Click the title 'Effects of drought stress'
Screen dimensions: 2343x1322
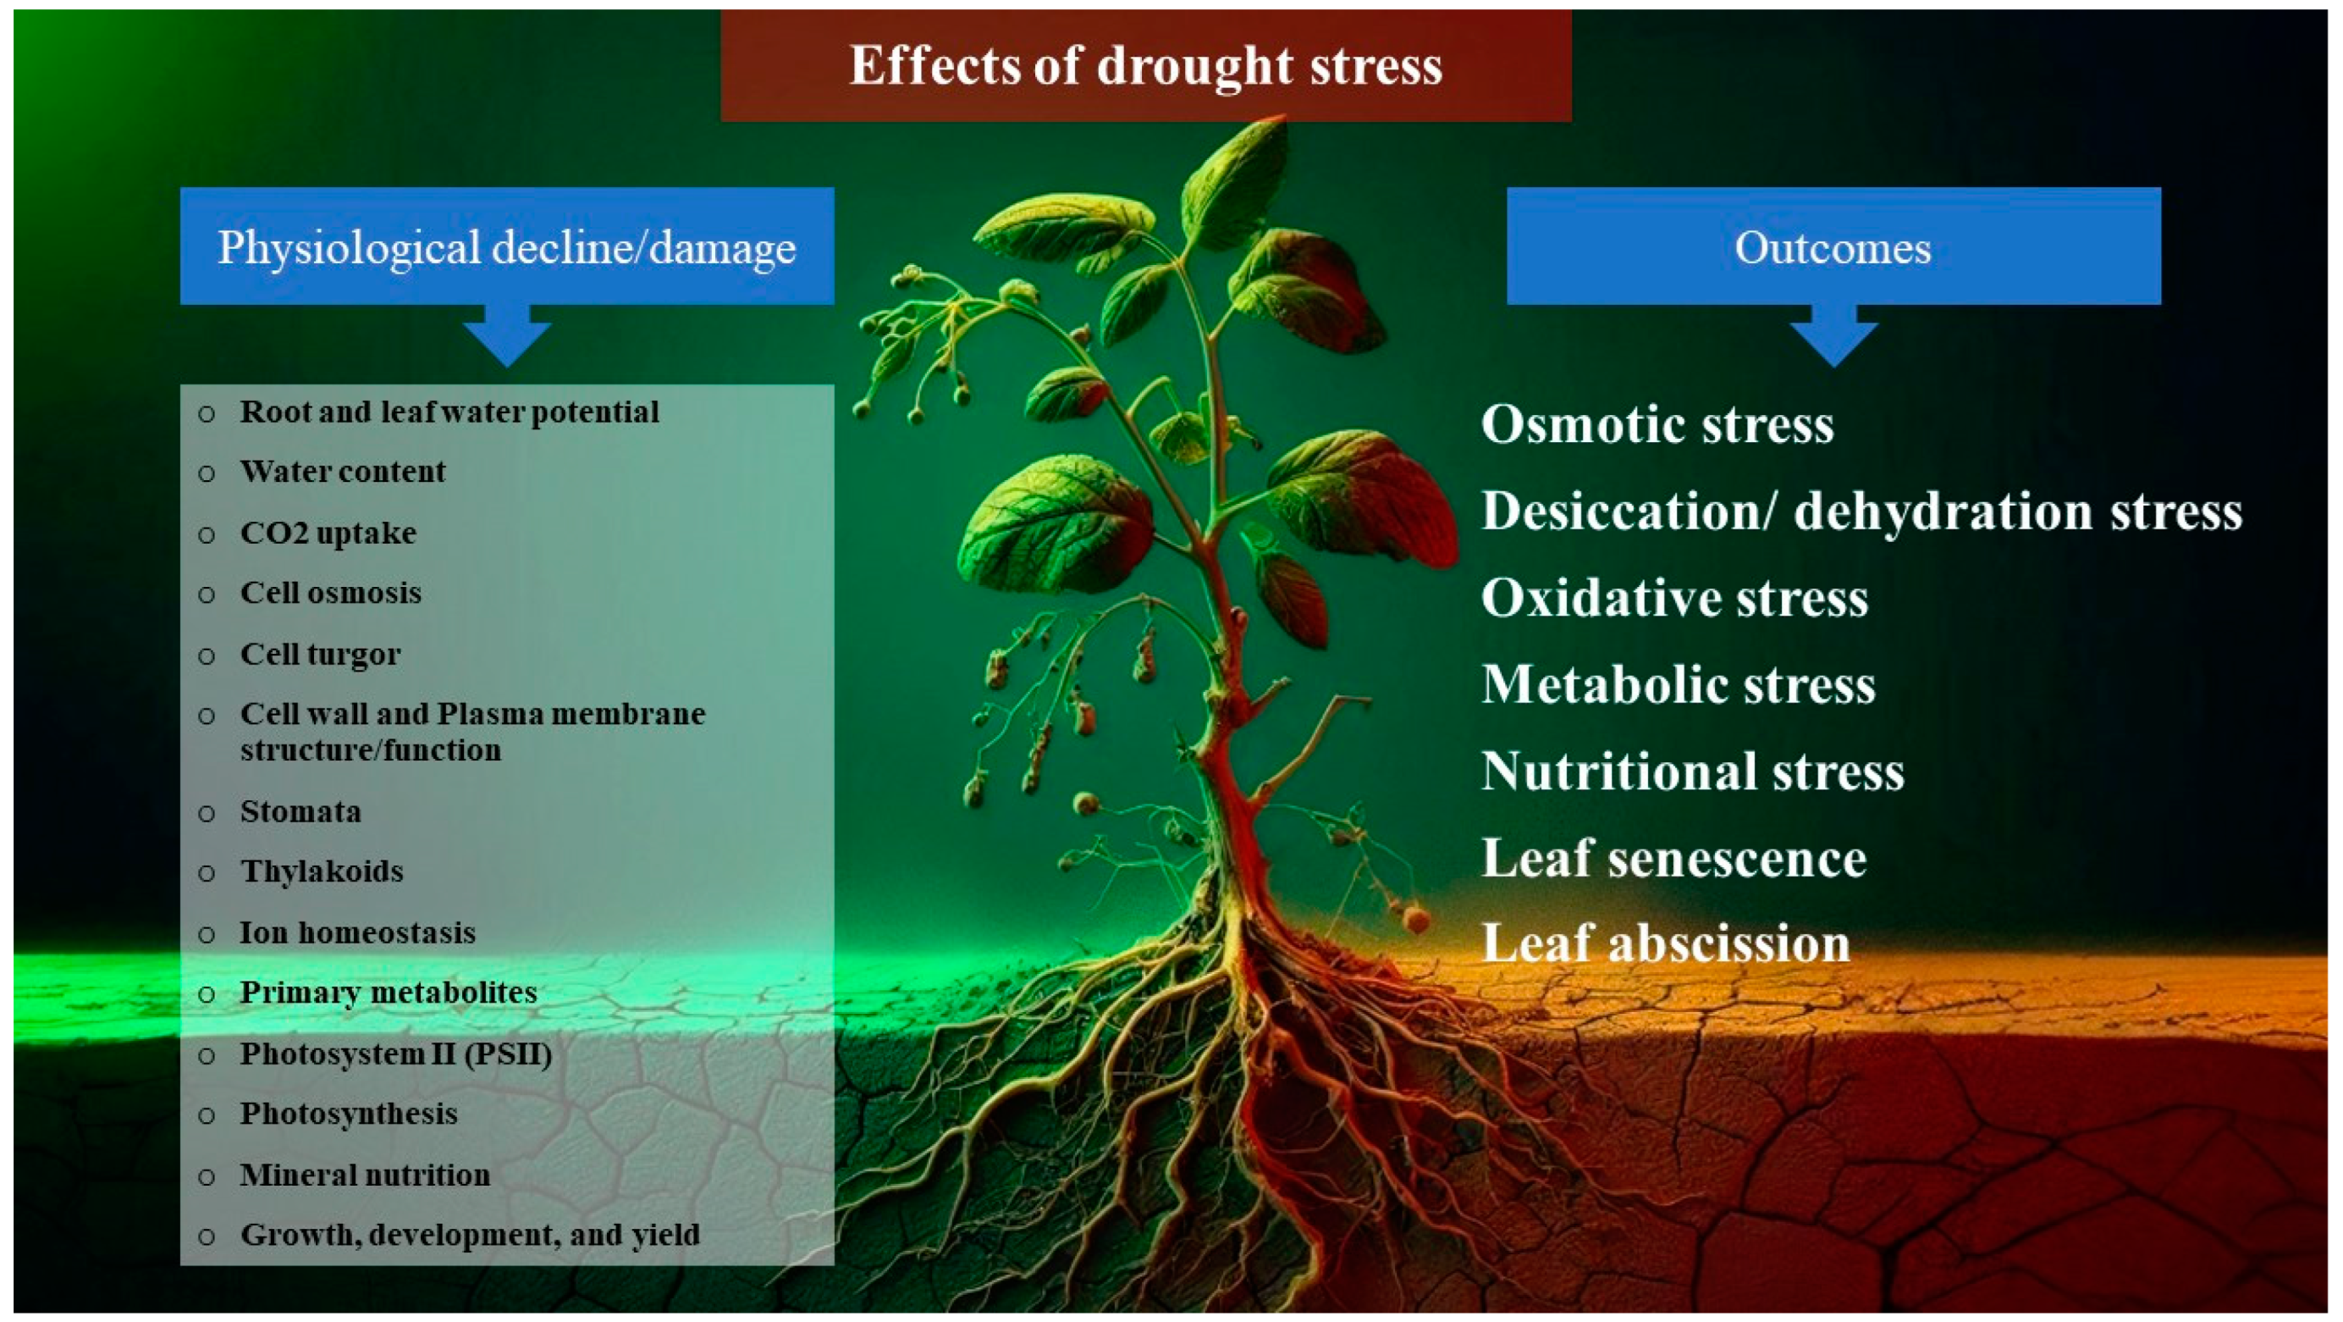pos(1145,65)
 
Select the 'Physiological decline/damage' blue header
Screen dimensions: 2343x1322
pos(507,246)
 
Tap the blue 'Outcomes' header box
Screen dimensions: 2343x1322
pos(1833,246)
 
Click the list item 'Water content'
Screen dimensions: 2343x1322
pos(343,472)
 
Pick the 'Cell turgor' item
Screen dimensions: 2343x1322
pos(320,654)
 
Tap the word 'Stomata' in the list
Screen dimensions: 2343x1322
pos(300,810)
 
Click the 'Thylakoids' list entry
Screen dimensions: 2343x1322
pos(322,871)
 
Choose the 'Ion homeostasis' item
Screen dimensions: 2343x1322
pos(357,932)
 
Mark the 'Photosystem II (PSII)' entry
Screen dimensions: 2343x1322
pos(395,1054)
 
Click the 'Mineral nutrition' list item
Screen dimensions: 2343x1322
pos(365,1175)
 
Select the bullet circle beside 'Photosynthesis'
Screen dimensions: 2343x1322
pos(207,1115)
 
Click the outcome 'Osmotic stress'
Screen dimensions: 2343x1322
pos(1657,424)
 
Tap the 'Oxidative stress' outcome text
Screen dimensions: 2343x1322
pos(1674,598)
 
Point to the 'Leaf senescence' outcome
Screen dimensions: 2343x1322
pos(1673,858)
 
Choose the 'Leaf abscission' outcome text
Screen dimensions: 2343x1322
pos(1665,943)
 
